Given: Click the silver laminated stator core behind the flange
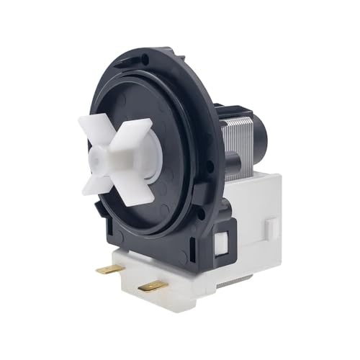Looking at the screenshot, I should (238, 143).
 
